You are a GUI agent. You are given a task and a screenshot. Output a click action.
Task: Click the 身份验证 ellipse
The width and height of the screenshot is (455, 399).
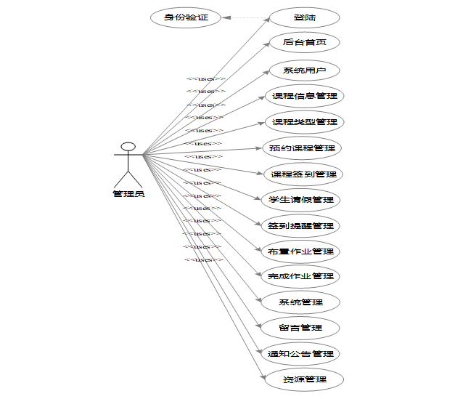click(x=186, y=17)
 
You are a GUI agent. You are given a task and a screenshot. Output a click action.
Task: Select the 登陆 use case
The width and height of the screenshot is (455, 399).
click(x=305, y=17)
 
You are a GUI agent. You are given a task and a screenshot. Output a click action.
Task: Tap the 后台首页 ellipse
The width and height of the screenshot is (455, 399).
click(x=305, y=42)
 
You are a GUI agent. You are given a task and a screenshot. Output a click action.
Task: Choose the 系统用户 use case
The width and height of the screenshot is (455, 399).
click(x=305, y=70)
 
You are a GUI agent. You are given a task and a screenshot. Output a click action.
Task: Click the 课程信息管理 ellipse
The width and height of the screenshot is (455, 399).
click(x=303, y=96)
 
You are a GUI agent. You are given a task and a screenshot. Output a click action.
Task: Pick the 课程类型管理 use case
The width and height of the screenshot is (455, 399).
click(x=303, y=121)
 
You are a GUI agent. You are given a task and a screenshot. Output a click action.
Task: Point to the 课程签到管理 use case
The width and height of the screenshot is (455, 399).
click(x=303, y=174)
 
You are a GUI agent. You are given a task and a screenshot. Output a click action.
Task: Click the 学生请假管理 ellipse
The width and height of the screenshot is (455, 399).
click(x=300, y=200)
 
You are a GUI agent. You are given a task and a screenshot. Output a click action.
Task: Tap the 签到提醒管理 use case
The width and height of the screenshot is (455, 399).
click(x=300, y=226)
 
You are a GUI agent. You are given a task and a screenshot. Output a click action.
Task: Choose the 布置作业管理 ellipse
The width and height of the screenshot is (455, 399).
click(x=300, y=251)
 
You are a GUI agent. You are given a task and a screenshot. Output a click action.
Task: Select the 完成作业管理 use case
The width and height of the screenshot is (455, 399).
click(x=300, y=276)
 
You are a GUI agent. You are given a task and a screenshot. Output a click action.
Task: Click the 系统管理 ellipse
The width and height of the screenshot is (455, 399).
click(x=300, y=302)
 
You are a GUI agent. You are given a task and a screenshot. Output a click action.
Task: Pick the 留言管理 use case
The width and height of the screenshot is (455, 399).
click(x=300, y=328)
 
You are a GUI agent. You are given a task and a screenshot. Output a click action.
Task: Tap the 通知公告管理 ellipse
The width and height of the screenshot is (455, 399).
click(x=300, y=354)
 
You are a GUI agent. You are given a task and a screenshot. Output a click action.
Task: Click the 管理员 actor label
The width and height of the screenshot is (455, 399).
click(x=128, y=194)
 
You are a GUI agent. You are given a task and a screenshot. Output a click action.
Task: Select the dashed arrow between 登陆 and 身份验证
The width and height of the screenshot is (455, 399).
click(x=245, y=17)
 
